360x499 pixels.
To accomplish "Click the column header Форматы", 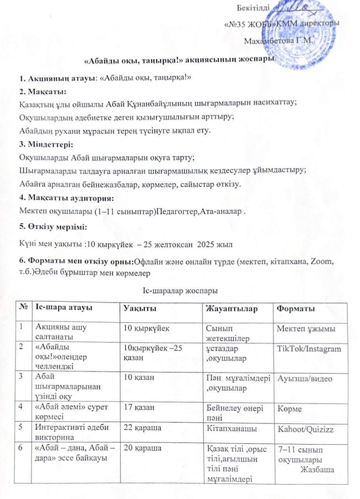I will tap(296, 309).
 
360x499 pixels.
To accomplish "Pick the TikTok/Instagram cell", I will tap(308, 349).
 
